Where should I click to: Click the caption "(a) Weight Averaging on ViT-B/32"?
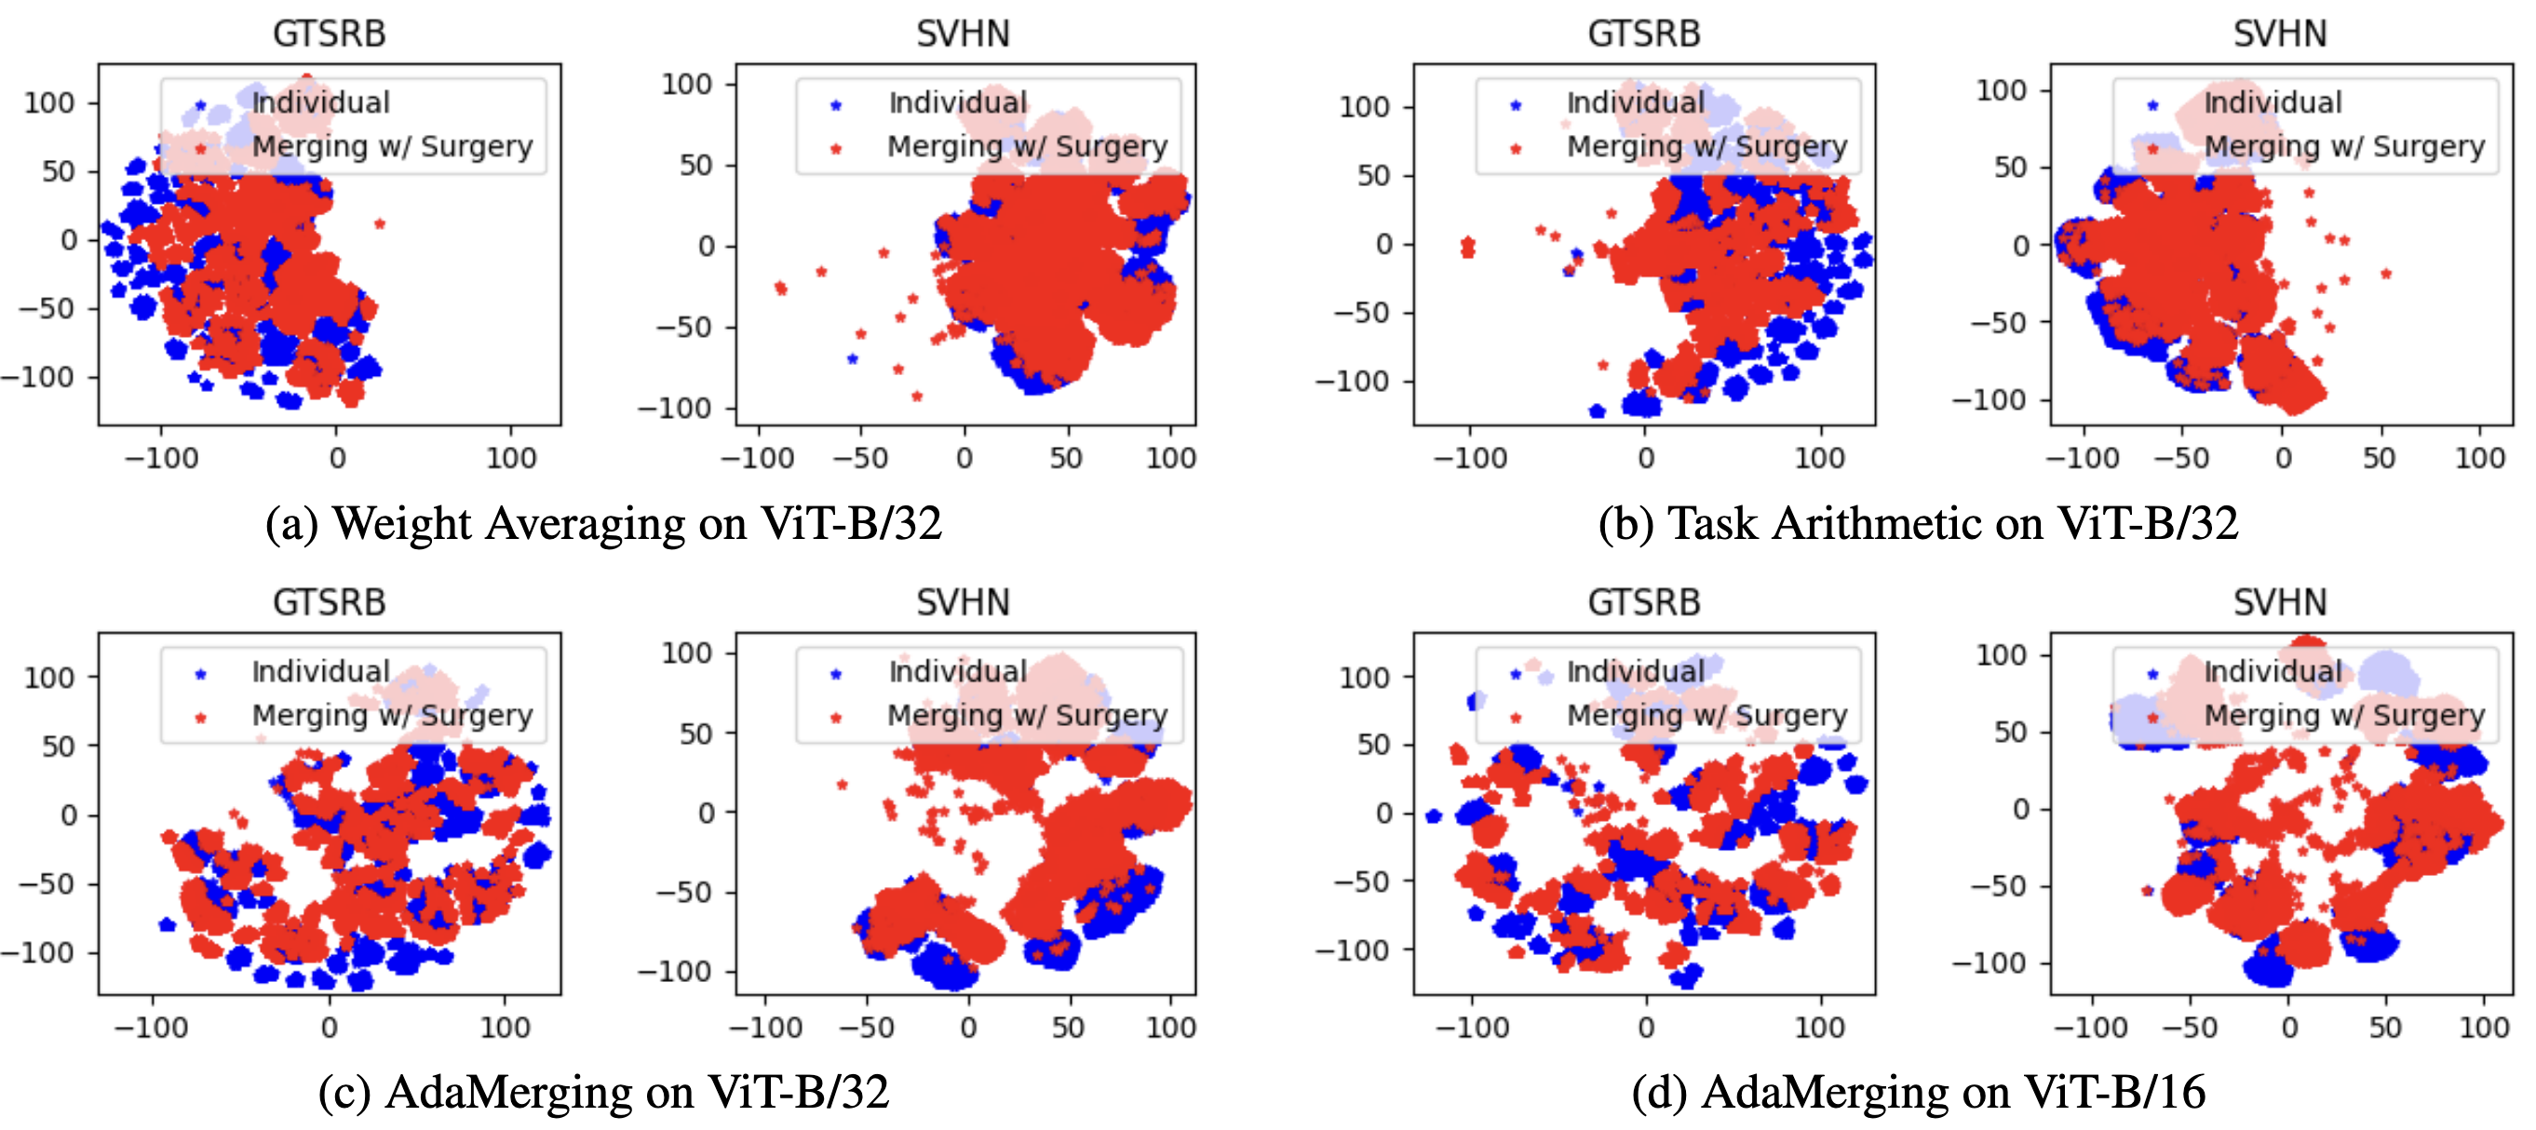click(x=603, y=524)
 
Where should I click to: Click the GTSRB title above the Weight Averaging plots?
click(x=329, y=34)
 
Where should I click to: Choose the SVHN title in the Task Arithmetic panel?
click(x=2279, y=34)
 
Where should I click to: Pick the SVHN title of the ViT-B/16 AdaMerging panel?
click(x=2279, y=602)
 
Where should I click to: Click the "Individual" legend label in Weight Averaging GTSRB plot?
click(x=321, y=102)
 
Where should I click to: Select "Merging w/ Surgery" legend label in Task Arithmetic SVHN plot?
click(x=2344, y=147)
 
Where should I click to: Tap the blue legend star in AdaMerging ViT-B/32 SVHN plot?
click(x=837, y=674)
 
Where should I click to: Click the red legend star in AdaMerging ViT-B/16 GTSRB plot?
click(x=1516, y=718)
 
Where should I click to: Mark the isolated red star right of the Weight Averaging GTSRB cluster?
click(x=380, y=224)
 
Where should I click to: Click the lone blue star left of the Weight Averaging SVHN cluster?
click(x=853, y=359)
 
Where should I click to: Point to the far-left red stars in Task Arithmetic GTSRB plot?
click(x=1468, y=246)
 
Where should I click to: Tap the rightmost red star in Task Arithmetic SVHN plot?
click(x=2385, y=274)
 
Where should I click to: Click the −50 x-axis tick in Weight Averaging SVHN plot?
click(x=860, y=459)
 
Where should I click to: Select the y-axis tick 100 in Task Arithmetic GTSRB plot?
click(x=1365, y=106)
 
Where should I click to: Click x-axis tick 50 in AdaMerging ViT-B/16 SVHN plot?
click(x=2384, y=1028)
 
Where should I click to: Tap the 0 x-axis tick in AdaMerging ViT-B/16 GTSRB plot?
click(x=1646, y=1028)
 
